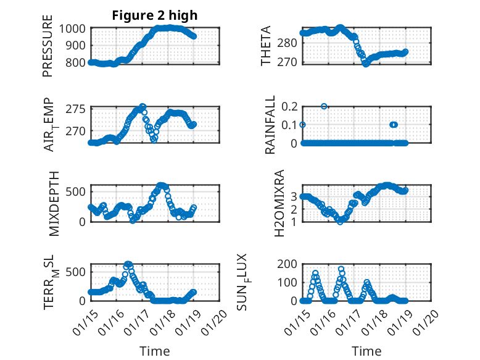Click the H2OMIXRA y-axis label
(x=279, y=204)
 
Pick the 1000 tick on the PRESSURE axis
(x=74, y=28)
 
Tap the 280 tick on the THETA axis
(x=289, y=43)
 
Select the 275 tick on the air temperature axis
(x=78, y=109)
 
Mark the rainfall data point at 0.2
(x=324, y=106)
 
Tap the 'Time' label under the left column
(x=155, y=351)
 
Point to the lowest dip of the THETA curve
(x=366, y=63)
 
